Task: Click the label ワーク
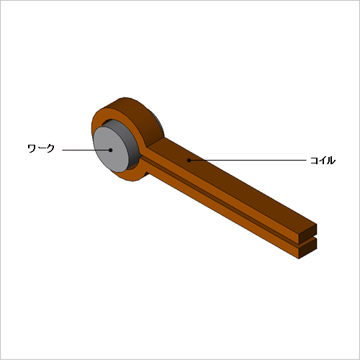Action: click(41, 148)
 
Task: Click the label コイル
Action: click(323, 161)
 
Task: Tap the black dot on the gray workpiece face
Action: click(110, 150)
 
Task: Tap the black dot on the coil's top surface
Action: click(189, 160)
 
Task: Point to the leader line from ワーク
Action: click(85, 150)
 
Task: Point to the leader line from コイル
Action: click(248, 160)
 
